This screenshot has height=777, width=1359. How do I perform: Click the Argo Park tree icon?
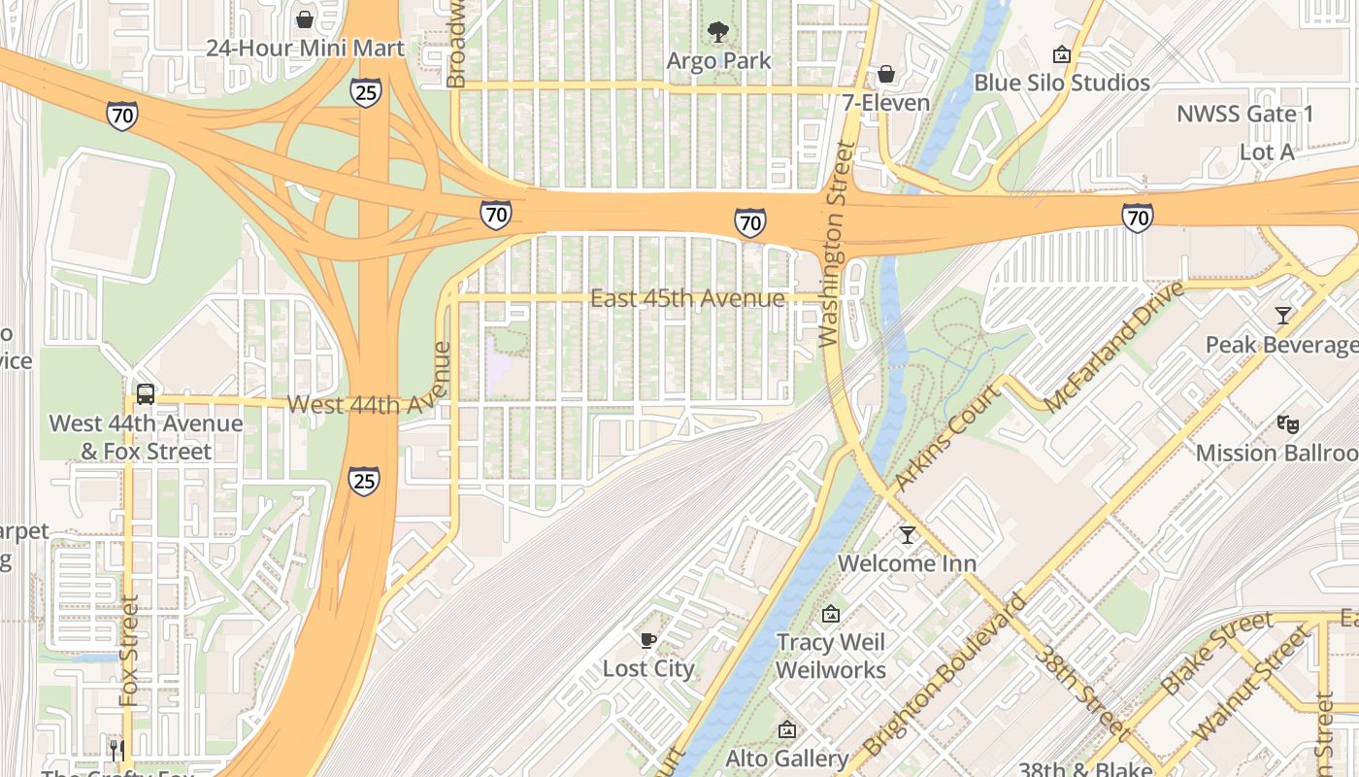(x=718, y=32)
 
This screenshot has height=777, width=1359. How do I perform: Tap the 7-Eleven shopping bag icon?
(x=885, y=74)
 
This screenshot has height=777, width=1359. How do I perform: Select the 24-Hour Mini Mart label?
(x=305, y=48)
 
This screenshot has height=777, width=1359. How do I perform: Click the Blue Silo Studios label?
(x=1062, y=83)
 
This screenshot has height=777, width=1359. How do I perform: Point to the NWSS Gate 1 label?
(x=1244, y=114)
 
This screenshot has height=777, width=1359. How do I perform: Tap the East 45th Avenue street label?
(x=686, y=298)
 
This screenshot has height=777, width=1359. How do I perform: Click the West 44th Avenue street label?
(x=356, y=403)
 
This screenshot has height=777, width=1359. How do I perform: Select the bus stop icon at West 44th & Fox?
(x=145, y=394)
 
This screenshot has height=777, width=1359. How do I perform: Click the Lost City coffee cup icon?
(x=648, y=640)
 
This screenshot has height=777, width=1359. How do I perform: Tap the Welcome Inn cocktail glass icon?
(x=907, y=534)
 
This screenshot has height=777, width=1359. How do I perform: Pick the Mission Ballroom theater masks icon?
(x=1288, y=423)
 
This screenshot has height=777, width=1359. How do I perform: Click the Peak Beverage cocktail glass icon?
(x=1283, y=316)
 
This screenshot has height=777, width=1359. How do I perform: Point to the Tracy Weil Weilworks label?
(x=831, y=656)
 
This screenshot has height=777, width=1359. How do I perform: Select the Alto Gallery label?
(x=786, y=758)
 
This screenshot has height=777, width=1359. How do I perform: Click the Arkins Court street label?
(x=946, y=437)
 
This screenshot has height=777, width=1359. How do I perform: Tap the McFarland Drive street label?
(x=1114, y=347)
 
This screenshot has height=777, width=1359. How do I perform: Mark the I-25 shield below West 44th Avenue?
(x=364, y=481)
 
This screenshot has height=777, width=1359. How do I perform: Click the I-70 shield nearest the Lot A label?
(x=1137, y=217)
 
